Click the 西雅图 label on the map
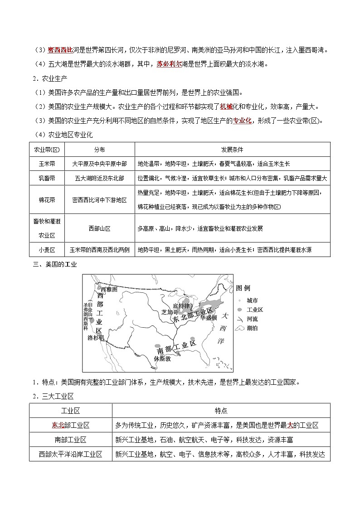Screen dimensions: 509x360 [109, 289]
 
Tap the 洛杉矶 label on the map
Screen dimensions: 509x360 [96, 338]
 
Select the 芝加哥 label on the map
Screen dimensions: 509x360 [170, 312]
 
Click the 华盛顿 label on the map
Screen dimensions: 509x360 [214, 317]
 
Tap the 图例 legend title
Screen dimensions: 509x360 [243, 288]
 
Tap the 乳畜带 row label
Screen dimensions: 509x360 [47, 178]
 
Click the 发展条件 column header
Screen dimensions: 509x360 [232, 150]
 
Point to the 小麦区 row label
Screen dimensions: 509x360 [47, 249]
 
